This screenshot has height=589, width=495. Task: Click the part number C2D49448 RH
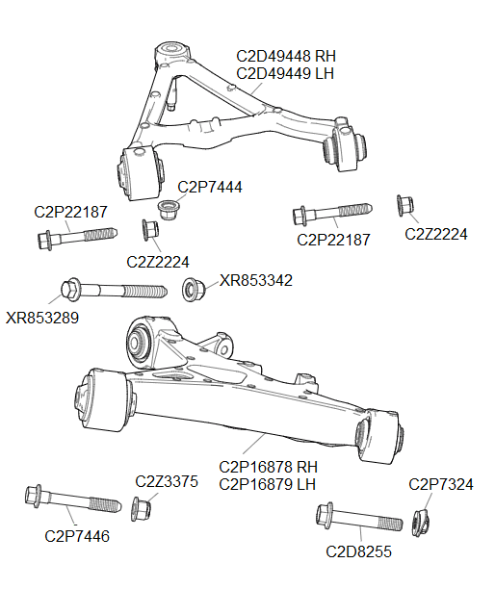pos(285,56)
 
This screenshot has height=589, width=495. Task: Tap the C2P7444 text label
pos(210,186)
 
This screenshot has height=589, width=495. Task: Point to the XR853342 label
pos(255,280)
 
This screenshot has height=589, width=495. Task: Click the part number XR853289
pos(42,317)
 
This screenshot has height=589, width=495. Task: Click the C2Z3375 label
pos(166,481)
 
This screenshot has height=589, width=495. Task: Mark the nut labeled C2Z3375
pos(141,506)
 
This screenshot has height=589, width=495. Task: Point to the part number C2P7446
pos(77,536)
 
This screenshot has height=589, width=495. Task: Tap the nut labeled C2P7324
pos(420,521)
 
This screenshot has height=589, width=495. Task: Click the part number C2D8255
pos(358,552)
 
